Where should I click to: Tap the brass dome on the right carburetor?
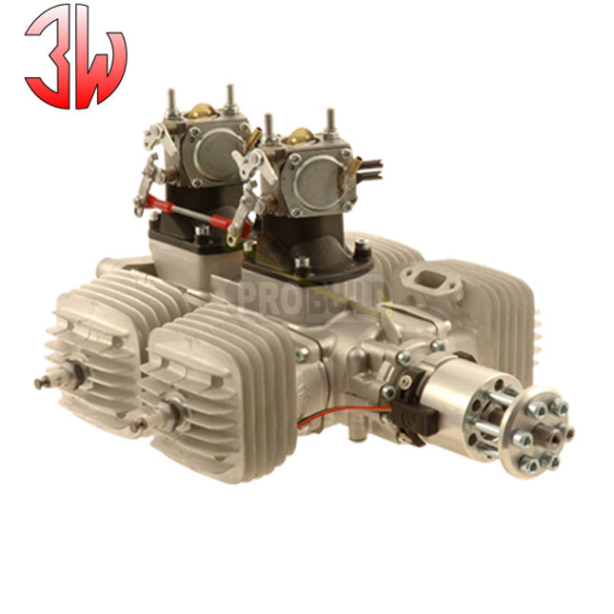303,136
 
